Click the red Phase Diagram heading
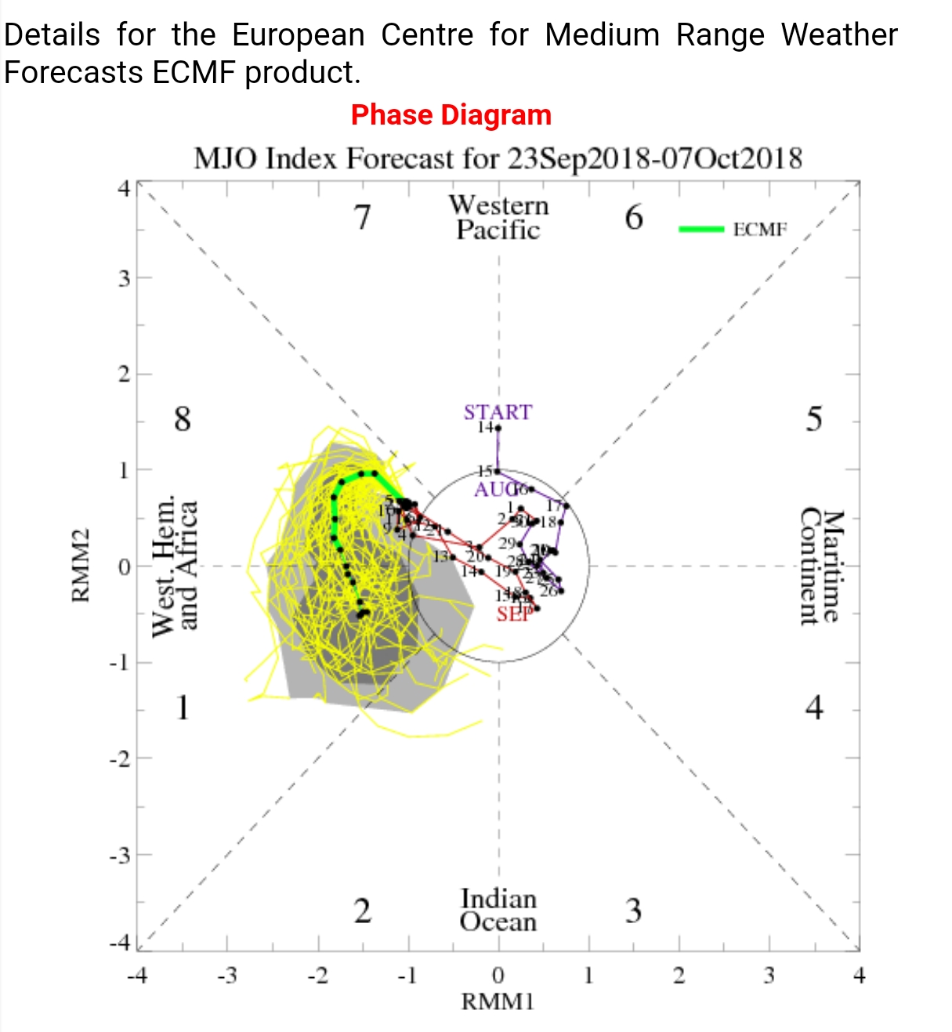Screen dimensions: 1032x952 click(x=451, y=115)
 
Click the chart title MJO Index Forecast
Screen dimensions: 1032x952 click(x=498, y=158)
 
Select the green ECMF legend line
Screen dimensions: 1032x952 click(x=701, y=229)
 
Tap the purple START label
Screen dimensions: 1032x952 click(x=498, y=412)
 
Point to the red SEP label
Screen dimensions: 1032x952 click(x=515, y=614)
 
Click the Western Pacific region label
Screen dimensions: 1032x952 click(x=498, y=217)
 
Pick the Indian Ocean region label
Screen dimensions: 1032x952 click(x=498, y=910)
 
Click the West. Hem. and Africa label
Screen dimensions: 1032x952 click(x=174, y=566)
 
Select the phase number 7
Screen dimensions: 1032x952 click(x=362, y=217)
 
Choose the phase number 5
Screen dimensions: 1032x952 click(x=814, y=418)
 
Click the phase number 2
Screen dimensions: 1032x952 click(x=362, y=911)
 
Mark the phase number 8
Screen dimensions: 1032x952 click(x=182, y=418)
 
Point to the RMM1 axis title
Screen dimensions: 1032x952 click(x=498, y=1001)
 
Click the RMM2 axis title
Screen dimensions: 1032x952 click(x=80, y=566)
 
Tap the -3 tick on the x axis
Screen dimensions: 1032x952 click(x=226, y=976)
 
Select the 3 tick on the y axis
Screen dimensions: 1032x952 click(x=125, y=278)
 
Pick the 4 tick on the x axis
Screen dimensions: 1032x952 click(x=859, y=976)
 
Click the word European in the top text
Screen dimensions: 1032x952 click(x=299, y=35)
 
